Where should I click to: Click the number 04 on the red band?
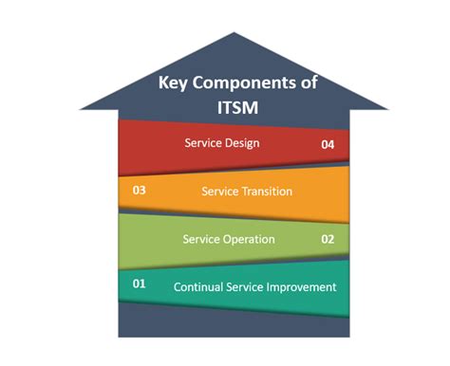[328, 145]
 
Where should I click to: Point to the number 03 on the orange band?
[140, 190]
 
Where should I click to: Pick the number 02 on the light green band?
[328, 239]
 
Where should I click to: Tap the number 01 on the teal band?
[140, 284]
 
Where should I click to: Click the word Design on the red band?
[241, 144]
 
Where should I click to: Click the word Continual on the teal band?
[199, 286]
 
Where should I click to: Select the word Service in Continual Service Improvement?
[245, 286]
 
